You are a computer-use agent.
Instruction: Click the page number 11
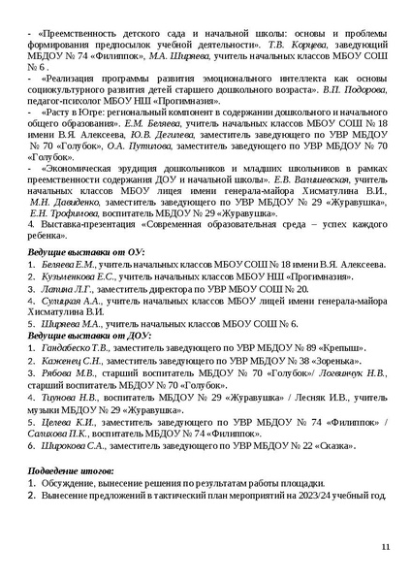pyautogui.click(x=385, y=549)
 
